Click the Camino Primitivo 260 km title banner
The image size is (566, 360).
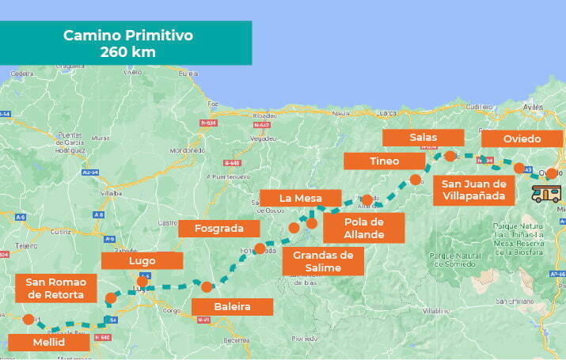point(127,43)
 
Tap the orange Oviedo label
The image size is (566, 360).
point(522,138)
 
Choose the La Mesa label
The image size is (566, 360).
point(300,197)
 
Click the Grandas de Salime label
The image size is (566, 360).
point(323,261)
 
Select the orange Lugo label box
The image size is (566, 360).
point(142,260)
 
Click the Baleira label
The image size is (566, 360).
point(232,306)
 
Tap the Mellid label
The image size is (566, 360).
point(47,343)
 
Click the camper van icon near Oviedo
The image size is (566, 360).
point(547,193)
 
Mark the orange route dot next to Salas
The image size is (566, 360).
point(450,156)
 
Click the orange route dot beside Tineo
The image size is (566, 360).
point(416,180)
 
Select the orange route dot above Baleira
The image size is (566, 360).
point(207,286)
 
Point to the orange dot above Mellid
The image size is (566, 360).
point(28,320)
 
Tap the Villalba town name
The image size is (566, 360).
point(110,192)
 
